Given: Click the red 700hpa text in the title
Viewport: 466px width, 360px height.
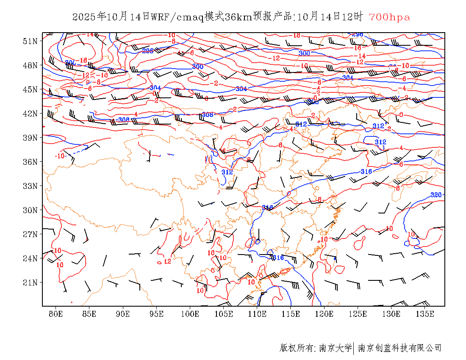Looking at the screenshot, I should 389,17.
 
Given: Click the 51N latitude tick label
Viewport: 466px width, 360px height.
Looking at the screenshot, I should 31,41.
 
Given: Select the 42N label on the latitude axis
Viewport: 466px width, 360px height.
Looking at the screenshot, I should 31,114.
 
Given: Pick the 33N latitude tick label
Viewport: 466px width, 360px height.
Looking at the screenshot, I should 31,186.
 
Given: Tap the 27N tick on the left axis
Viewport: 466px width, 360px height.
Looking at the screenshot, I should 31,234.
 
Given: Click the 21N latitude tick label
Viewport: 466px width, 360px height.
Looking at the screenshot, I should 31,282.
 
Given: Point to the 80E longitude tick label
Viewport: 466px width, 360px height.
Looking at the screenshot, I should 56,314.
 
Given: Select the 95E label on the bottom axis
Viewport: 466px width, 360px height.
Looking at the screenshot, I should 157,314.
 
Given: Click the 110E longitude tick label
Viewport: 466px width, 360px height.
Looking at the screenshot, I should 257,314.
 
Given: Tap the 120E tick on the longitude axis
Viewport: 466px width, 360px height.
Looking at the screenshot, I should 324,314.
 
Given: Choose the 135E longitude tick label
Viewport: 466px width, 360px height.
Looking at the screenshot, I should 425,314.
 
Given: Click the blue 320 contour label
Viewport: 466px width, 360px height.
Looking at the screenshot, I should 436,195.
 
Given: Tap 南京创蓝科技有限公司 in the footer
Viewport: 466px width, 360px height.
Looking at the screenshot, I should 399,348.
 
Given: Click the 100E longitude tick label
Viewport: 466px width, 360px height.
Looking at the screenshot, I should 190,314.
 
